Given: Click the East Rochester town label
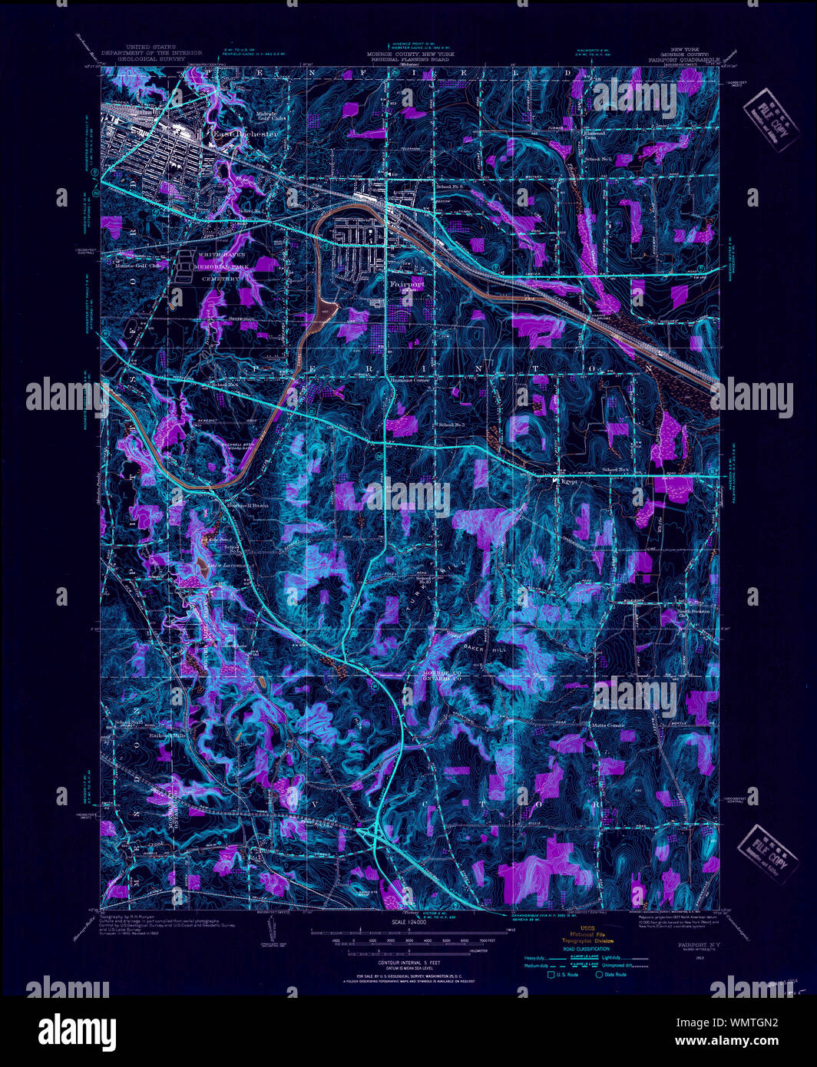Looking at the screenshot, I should click(244, 134).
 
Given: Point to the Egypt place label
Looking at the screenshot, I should click(568, 481).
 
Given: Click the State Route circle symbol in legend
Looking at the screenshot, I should click(598, 975).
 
